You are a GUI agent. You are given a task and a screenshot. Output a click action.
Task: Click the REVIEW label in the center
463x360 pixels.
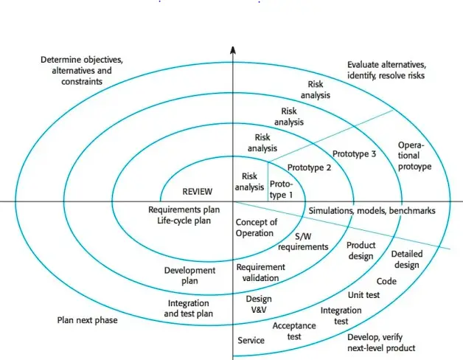point(197,190)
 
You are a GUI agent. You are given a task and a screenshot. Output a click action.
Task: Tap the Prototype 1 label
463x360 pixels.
point(281,189)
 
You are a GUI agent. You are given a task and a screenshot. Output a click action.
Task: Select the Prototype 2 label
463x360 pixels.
point(309,167)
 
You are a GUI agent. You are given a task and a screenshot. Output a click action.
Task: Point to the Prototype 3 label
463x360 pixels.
point(354,154)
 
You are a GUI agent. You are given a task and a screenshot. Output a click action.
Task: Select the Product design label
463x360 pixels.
point(361,250)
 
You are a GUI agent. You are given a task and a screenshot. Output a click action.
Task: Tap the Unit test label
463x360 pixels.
point(363,295)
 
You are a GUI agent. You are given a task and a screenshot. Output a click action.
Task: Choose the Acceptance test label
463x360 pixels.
point(294,330)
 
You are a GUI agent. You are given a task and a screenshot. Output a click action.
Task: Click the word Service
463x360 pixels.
point(251,341)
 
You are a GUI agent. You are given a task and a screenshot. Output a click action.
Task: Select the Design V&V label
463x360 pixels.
point(259,304)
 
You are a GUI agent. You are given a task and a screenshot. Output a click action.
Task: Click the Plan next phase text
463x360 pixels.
point(87,320)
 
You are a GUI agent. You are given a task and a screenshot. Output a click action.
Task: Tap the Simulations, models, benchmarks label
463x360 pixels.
point(372,210)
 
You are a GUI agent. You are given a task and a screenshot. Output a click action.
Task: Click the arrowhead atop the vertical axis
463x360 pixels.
point(232,50)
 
